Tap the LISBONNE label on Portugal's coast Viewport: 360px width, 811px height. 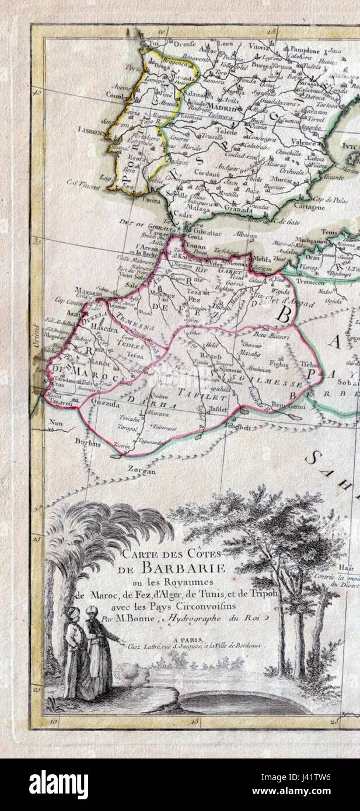89,132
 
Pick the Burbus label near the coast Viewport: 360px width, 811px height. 88,443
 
